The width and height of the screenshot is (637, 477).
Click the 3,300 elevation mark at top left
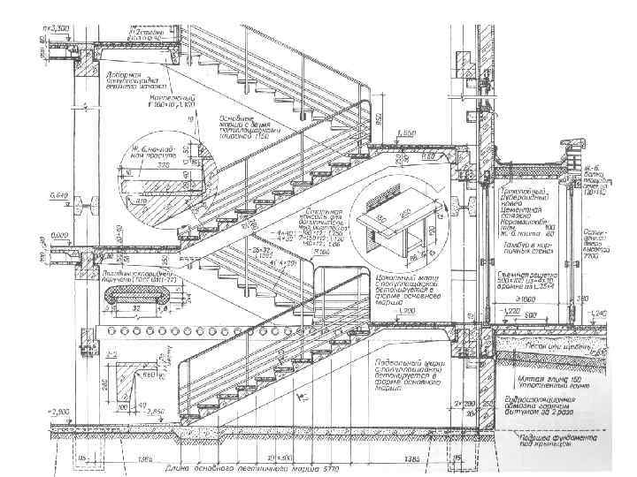click(59, 30)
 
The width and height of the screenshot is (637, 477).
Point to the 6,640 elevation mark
click(59, 194)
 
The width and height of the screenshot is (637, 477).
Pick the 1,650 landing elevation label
click(406, 132)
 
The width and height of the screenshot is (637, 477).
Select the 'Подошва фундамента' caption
click(555, 442)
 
